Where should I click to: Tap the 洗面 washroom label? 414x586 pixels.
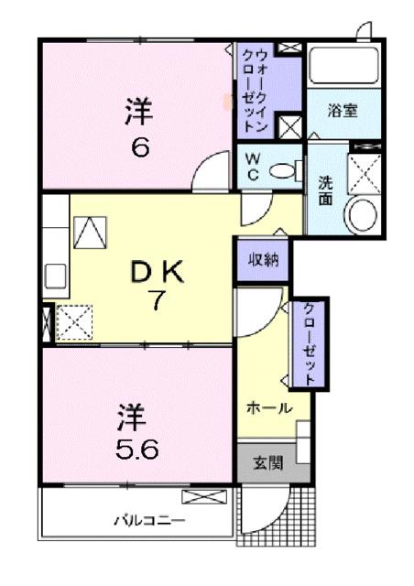coord(325,190)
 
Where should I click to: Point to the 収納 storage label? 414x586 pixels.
coord(264,259)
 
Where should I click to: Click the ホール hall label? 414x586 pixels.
coord(267,407)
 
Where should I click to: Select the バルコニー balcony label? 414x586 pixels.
coord(148,520)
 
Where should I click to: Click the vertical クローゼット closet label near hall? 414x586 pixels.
coord(310,343)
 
